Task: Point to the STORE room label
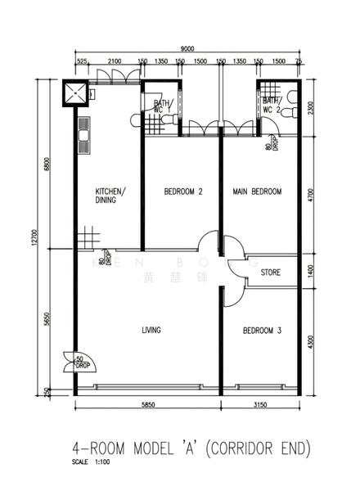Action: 271,272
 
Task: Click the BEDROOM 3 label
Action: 262,331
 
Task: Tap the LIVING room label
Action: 151,331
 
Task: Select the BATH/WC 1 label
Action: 162,107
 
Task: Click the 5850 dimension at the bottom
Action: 147,404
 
